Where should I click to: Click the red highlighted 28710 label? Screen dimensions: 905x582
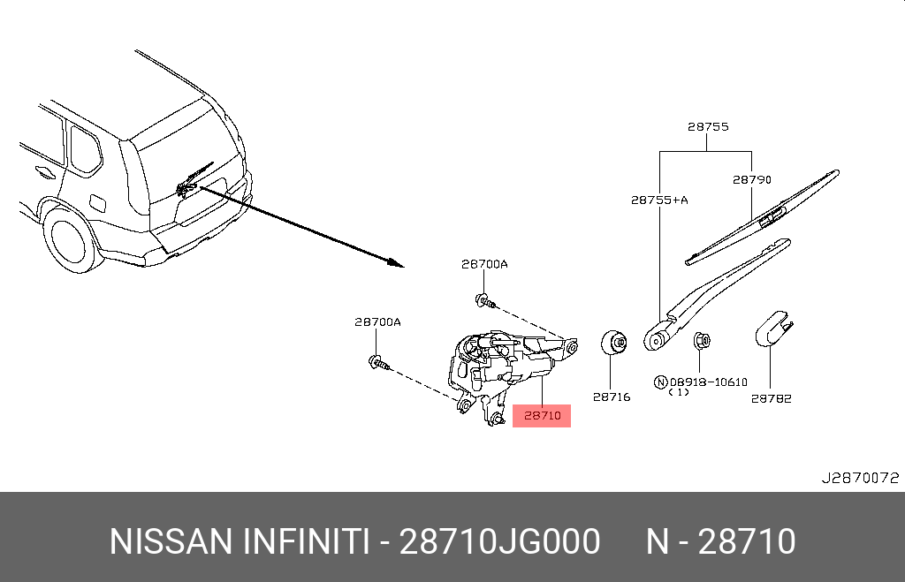[x=542, y=415]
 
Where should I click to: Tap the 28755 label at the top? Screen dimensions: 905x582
[x=708, y=126]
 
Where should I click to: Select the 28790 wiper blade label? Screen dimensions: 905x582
[x=751, y=179]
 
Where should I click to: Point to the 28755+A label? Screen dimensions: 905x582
[x=659, y=200]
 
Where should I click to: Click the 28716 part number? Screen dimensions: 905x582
[x=612, y=397]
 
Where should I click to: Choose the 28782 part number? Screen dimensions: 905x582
[x=771, y=398]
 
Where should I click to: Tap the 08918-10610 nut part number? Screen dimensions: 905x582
[x=708, y=382]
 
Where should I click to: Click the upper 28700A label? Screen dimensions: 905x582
[x=484, y=263]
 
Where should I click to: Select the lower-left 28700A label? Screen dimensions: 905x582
[x=377, y=321]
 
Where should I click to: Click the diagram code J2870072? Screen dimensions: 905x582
[x=860, y=478]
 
